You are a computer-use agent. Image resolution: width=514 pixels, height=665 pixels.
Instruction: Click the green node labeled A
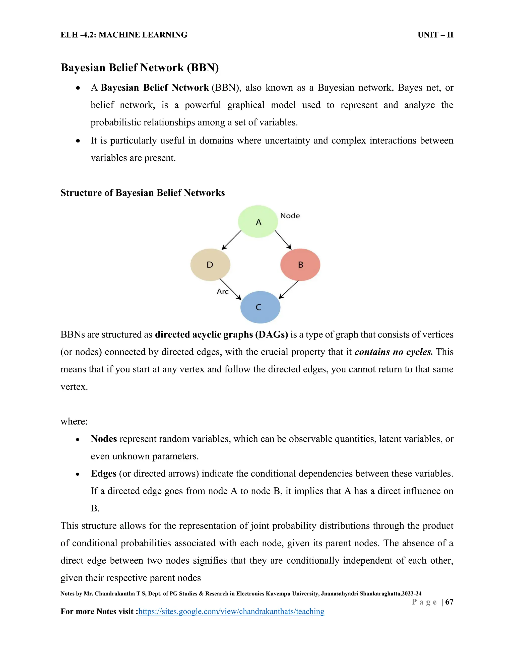[x=258, y=222]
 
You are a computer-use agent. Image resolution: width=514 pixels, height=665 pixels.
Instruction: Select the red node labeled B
[x=300, y=264]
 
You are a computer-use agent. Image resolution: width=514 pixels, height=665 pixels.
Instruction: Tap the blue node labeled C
[x=260, y=307]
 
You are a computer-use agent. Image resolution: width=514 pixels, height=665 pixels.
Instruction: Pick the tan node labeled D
[x=210, y=264]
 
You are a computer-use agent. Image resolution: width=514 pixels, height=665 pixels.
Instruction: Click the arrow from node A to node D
[x=231, y=240]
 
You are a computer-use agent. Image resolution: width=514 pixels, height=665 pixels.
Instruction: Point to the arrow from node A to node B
[x=283, y=240]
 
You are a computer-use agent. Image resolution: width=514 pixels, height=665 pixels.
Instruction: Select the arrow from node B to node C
[x=288, y=290]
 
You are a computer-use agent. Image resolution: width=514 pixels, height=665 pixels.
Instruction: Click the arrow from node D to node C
[x=230, y=289]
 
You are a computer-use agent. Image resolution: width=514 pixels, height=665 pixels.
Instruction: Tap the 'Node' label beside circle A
[x=290, y=216]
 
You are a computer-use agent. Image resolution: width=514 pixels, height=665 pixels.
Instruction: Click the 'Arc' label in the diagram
[x=223, y=291]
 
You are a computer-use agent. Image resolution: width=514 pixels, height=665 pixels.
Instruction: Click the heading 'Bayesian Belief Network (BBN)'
[x=140, y=68]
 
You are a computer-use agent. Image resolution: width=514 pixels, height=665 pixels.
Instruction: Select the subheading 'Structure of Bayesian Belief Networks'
[x=143, y=193]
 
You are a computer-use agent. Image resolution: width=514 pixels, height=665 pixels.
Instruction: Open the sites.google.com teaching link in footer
[x=231, y=611]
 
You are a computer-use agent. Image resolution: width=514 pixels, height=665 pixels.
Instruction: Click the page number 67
[x=449, y=602]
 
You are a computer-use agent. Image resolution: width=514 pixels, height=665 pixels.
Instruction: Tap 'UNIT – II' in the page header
[x=435, y=35]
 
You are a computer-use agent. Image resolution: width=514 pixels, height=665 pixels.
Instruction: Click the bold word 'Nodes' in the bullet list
[x=104, y=439]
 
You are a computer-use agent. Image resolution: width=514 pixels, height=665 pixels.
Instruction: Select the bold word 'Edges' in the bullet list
[x=104, y=474]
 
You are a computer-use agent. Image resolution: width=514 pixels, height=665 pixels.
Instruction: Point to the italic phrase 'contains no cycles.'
[x=394, y=352]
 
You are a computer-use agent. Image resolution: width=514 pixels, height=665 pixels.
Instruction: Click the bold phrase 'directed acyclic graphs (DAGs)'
[x=221, y=335]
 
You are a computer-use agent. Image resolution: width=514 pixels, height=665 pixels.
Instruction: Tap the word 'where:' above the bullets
[x=74, y=421]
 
